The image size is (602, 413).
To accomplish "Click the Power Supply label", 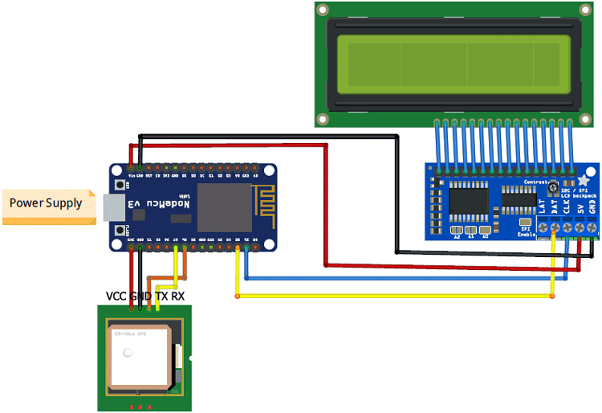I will click(46, 203).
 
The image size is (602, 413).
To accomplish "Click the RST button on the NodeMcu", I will click(121, 184).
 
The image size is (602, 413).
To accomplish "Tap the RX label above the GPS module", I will click(177, 296).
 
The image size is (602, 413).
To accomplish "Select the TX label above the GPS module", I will click(161, 296).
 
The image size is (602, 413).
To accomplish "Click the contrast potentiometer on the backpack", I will click(554, 189).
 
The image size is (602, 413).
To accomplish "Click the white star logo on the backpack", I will click(584, 182).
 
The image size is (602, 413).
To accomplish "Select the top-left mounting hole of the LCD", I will click(323, 10).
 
